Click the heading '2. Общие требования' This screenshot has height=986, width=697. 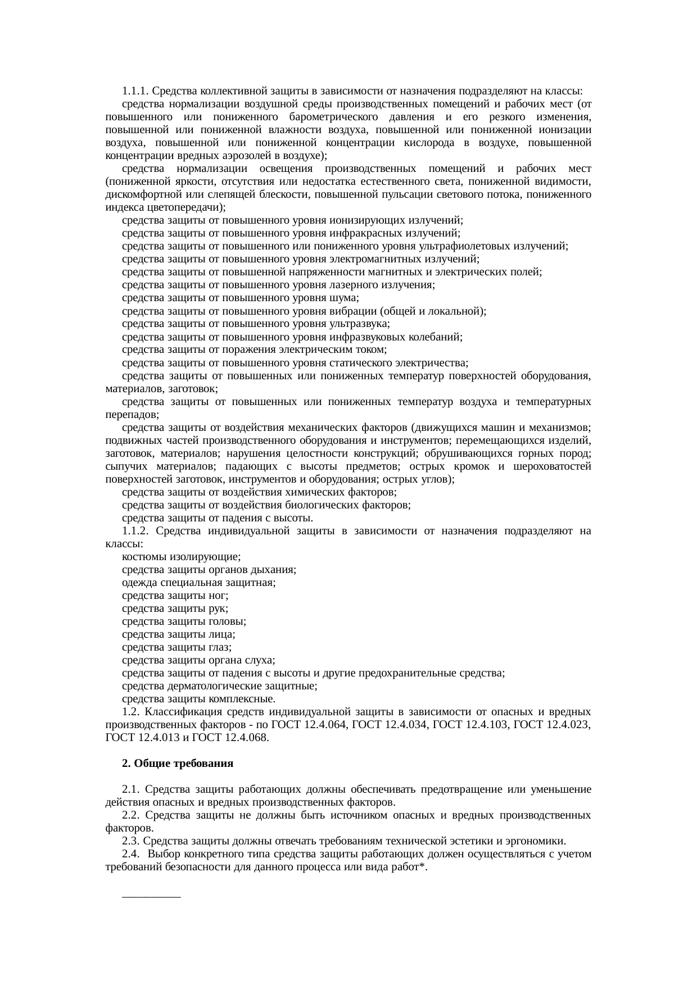pos(178,764)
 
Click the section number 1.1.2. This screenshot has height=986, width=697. pos(135,531)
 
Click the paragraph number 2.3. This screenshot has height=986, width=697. pos(130,841)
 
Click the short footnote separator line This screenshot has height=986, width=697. pos(151,897)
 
